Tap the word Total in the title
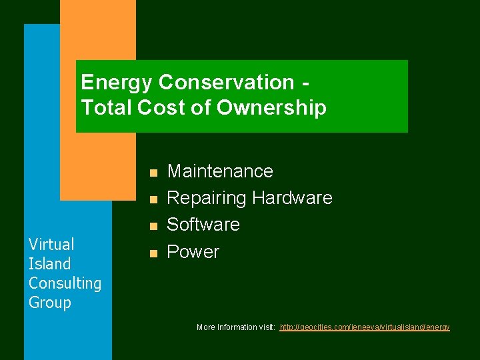(x=107, y=107)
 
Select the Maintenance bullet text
(x=220, y=171)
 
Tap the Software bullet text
(x=203, y=225)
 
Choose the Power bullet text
(x=193, y=252)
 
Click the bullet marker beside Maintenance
(x=153, y=173)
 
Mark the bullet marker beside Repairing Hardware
(x=153, y=199)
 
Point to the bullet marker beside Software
(x=153, y=226)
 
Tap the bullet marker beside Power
(x=153, y=253)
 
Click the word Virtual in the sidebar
(x=51, y=244)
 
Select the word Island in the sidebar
(x=49, y=263)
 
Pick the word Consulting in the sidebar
(x=65, y=283)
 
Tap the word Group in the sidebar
(x=49, y=303)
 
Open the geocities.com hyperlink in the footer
(x=365, y=327)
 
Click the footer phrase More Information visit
(x=236, y=327)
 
